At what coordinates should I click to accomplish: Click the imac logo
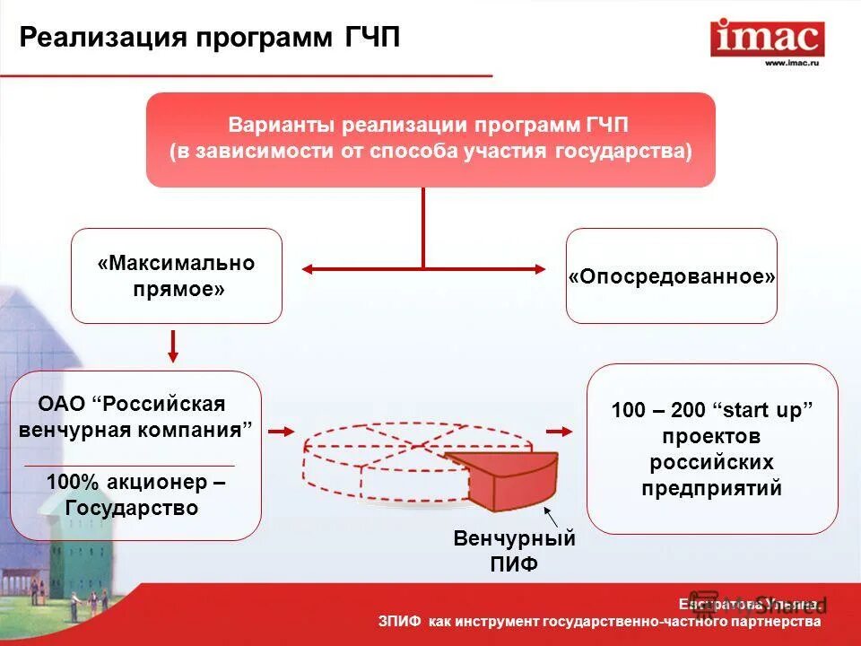click(767, 37)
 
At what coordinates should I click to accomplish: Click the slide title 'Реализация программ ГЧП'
click(210, 38)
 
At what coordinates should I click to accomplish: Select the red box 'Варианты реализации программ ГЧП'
click(430, 139)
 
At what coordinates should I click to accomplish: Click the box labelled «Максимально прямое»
click(177, 275)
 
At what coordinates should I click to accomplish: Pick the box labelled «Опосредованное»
click(671, 275)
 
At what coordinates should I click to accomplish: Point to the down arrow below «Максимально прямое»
click(174, 346)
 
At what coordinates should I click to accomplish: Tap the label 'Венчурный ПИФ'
click(514, 551)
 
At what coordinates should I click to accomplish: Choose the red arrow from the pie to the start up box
click(560, 432)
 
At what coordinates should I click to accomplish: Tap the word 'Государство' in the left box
click(131, 508)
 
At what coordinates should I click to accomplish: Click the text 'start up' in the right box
click(767, 410)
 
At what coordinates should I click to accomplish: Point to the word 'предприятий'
click(711, 488)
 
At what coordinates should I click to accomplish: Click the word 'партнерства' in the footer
click(776, 622)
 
